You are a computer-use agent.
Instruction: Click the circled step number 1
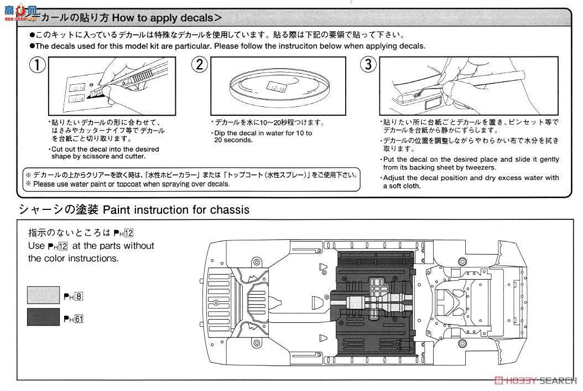pos(37,65)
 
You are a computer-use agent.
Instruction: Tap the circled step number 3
pos(368,65)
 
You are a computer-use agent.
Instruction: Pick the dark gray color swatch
pos(43,317)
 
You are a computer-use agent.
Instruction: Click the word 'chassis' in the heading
pos(230,210)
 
